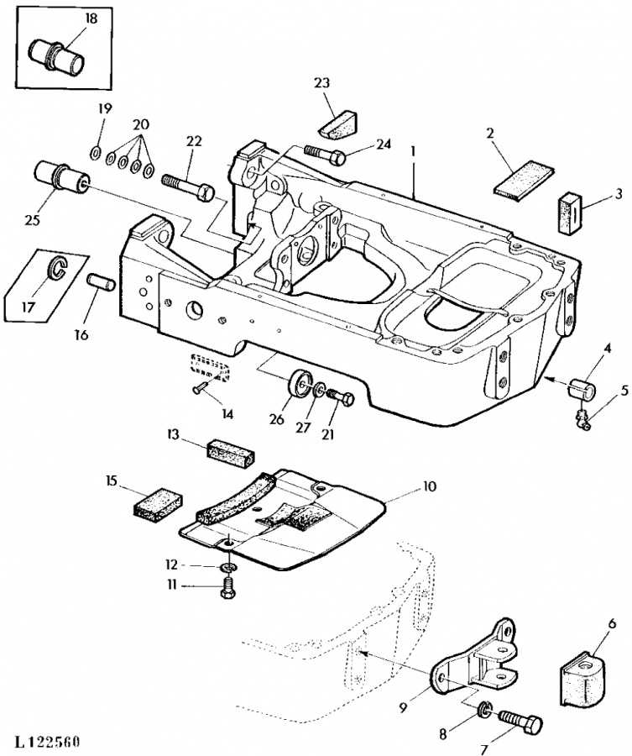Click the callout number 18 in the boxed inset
click(91, 18)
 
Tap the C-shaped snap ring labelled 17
click(57, 268)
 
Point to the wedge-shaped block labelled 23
click(338, 124)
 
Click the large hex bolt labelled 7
click(521, 722)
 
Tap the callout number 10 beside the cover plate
click(429, 486)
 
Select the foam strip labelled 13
click(231, 454)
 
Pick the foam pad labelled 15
click(158, 504)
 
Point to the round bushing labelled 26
click(300, 384)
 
